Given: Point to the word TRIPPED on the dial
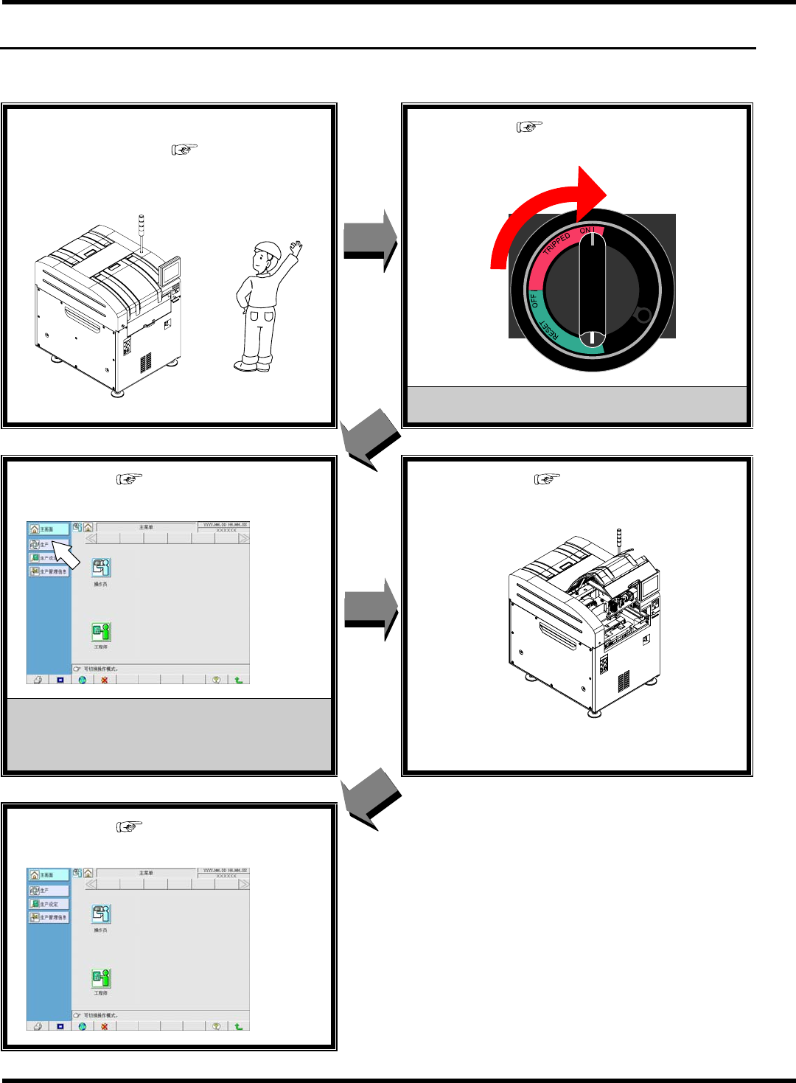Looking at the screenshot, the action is tap(557, 244).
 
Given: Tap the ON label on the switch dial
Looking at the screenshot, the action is tap(587, 231).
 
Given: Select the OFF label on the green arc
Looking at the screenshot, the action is tap(534, 301).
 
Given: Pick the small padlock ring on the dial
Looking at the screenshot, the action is tap(643, 316).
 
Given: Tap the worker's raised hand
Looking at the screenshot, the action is tap(296, 246).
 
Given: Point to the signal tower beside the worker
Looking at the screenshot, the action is tap(141, 232).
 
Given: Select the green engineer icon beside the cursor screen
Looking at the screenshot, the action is tap(101, 632).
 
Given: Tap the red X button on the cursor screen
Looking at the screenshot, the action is tap(105, 680).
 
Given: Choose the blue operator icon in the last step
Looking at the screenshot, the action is tap(101, 914).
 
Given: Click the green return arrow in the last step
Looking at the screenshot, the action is tap(239, 1026).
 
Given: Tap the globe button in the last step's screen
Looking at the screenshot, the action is tap(83, 1026).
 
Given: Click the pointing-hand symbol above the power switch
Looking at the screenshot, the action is tap(529, 127).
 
